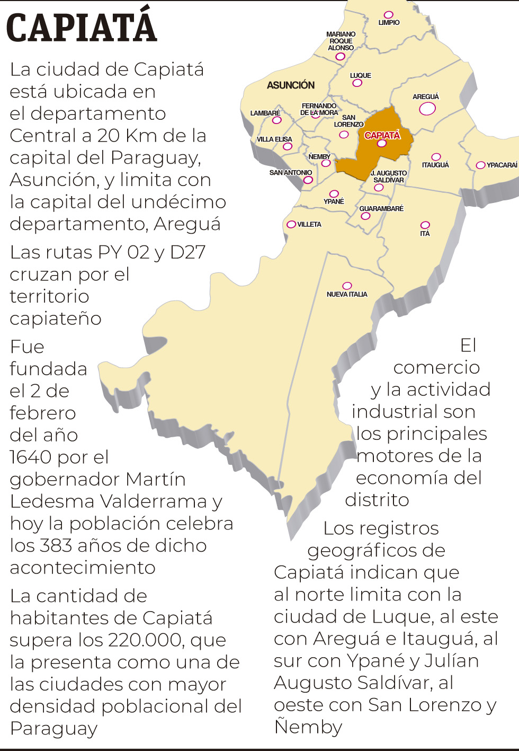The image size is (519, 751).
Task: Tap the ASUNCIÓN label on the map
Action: (x=290, y=85)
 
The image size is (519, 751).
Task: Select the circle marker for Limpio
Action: (x=389, y=15)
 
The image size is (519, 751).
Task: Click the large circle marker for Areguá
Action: (x=427, y=109)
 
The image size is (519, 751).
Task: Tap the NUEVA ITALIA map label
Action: (x=347, y=294)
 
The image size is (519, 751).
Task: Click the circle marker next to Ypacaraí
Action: (x=480, y=165)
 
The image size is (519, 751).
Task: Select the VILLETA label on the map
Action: (x=309, y=225)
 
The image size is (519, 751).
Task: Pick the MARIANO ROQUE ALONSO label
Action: (x=341, y=41)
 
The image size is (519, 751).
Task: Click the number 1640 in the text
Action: (x=31, y=457)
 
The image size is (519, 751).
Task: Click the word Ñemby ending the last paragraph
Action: (x=308, y=727)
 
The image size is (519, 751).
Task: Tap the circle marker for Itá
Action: (x=425, y=225)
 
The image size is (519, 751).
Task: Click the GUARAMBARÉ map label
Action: (x=381, y=209)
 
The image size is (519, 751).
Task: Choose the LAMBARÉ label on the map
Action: (x=265, y=113)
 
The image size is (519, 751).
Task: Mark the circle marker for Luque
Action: (x=357, y=83)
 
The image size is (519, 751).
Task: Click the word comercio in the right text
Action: (x=436, y=367)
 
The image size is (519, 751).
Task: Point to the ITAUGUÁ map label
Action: (x=435, y=165)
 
